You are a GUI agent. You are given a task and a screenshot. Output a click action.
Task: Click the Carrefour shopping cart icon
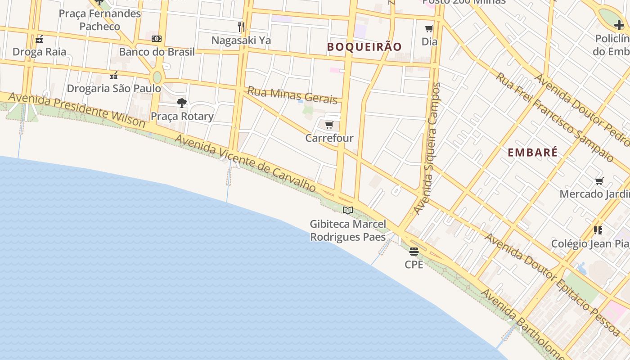coord(329,125)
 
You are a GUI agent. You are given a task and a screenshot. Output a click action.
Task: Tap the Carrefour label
coord(329,138)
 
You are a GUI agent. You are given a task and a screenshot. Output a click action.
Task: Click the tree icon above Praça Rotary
coord(182,103)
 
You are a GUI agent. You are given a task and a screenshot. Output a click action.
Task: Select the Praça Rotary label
coord(182,116)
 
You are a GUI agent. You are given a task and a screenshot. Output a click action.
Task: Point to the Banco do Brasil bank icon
coord(157,39)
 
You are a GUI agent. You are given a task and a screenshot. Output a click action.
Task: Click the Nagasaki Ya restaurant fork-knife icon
coord(241,27)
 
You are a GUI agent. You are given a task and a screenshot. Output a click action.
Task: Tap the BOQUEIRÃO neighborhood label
coord(364,47)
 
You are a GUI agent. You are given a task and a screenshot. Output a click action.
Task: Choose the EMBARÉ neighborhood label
coord(533,152)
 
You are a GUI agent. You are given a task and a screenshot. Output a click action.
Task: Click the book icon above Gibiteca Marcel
coord(347,210)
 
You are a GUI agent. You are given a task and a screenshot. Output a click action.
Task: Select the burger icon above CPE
coord(414,251)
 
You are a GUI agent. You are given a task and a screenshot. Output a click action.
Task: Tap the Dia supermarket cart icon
coord(429,29)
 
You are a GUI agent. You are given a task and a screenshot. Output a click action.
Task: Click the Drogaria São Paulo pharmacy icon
coord(114,75)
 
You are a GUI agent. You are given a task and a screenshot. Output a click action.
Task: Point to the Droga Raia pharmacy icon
coord(39,39)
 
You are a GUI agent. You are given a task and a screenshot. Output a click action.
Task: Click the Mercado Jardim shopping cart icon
coord(599,181)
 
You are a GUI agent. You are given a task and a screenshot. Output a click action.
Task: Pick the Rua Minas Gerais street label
coord(292,95)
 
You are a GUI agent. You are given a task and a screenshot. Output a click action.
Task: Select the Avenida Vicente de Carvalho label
coord(245,163)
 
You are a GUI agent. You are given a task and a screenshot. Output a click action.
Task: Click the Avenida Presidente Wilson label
coord(76,110)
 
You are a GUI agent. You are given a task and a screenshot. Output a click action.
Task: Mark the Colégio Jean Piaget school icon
coord(598,230)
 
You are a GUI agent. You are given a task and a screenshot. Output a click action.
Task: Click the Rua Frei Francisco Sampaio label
coord(555,117)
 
